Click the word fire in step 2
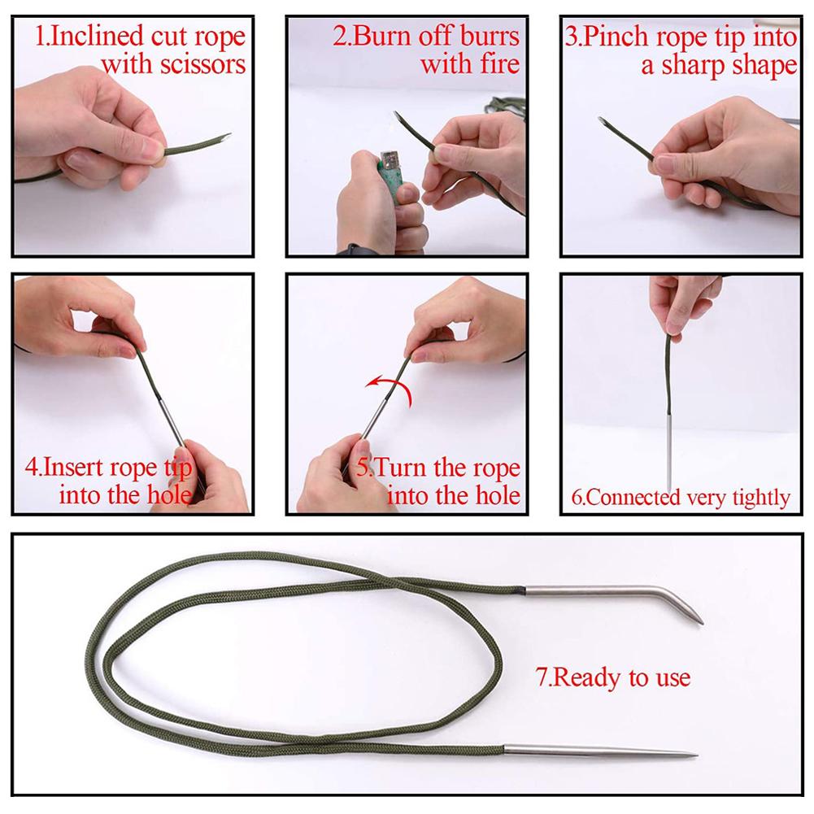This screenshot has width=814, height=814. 494,63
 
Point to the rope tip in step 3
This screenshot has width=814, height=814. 603,122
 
